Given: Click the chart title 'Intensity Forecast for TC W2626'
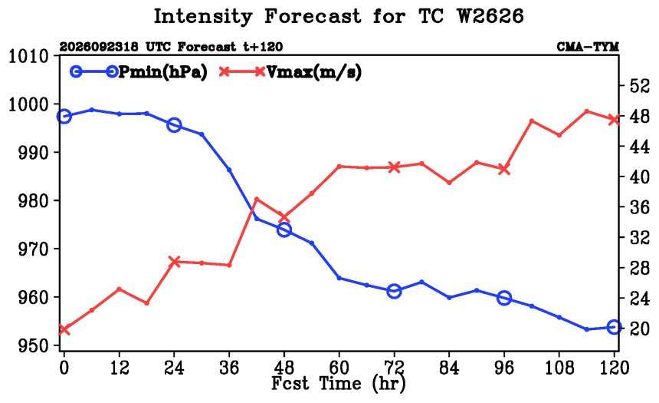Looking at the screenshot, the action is point(339,17).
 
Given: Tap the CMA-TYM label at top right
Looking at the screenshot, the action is point(588,47).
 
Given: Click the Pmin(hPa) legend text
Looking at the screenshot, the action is point(163,72).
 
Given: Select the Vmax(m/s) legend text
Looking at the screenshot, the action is point(313,72).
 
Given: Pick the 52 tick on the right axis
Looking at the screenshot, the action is point(640,86).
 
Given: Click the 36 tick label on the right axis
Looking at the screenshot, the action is point(640,207).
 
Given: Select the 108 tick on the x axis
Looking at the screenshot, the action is point(559,368).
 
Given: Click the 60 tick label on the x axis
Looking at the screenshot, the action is point(339,368).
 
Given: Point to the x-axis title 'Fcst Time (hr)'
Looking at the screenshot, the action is point(339,383).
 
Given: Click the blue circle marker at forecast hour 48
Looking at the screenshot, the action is point(284,230).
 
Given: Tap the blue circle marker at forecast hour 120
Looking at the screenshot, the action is point(614,327).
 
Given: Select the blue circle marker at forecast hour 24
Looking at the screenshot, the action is point(174,125).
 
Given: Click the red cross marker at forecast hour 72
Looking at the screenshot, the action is point(394,167).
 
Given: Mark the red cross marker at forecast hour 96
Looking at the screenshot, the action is point(504,170).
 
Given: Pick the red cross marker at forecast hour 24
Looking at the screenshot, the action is point(174,262).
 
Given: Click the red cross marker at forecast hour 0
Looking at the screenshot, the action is point(64,330).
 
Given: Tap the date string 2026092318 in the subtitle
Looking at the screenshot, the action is point(99,47).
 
